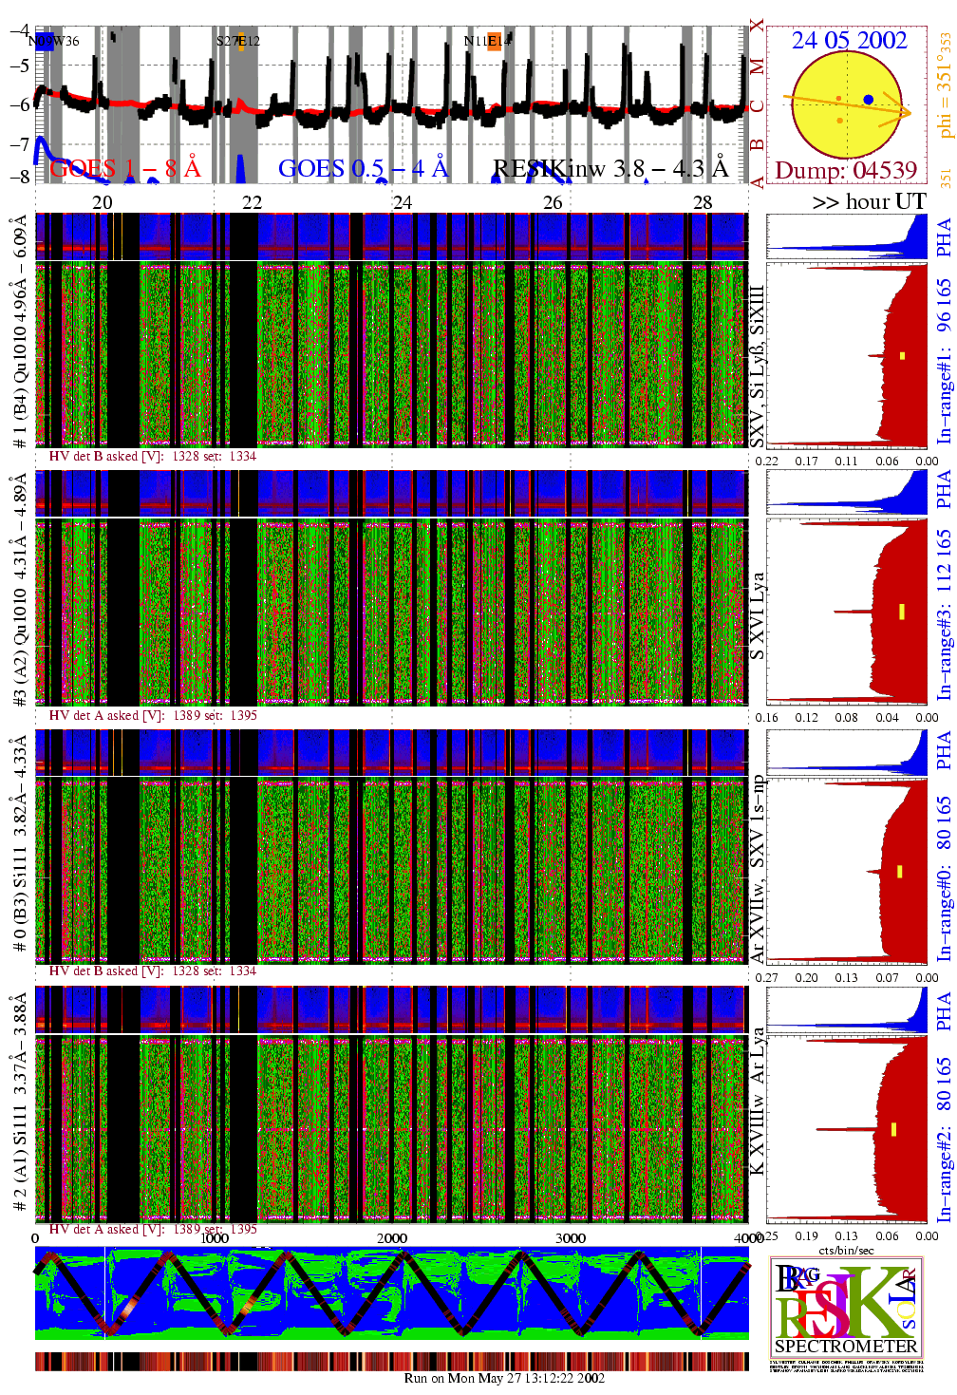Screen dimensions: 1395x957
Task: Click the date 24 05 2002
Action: coord(849,40)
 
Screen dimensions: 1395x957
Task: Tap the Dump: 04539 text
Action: coord(846,170)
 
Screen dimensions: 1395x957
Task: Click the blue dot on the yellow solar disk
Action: coord(869,99)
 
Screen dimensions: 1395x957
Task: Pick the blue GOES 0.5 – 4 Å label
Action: coord(363,168)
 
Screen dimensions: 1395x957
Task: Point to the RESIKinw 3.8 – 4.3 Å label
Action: coord(610,168)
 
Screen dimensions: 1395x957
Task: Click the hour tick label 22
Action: coord(252,202)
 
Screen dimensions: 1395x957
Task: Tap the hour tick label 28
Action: coord(703,202)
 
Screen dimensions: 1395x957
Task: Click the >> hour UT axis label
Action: coord(869,201)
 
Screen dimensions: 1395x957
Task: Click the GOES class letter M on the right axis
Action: coord(757,66)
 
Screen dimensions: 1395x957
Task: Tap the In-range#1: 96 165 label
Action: coord(944,361)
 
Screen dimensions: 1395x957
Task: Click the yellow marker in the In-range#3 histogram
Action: coord(902,612)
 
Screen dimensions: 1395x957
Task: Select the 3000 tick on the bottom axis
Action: coord(570,1238)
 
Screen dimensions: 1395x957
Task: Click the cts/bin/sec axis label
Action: coord(846,1251)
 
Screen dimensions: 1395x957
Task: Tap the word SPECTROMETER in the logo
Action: coord(846,1346)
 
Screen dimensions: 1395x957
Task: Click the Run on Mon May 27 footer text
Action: coord(504,1378)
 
